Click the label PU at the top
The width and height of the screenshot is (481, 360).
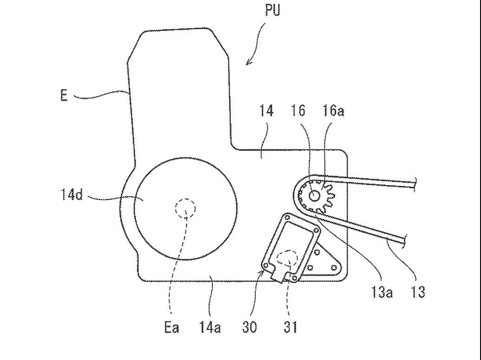(273, 10)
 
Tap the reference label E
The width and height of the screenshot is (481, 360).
(64, 96)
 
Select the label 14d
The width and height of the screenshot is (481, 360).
(72, 194)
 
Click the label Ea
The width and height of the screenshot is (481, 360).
(172, 327)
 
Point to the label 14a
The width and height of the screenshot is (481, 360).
(210, 327)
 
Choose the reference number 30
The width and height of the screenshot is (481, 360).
(249, 327)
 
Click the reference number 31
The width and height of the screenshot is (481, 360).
(290, 327)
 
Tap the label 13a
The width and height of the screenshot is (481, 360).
(382, 292)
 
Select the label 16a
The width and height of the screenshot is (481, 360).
(333, 111)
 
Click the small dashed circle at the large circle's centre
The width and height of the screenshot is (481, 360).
(185, 208)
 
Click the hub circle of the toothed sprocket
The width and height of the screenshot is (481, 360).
(314, 196)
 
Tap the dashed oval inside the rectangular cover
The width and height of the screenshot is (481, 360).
(287, 258)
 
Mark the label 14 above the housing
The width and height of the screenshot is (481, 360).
(266, 111)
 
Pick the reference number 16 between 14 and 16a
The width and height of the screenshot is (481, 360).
(298, 111)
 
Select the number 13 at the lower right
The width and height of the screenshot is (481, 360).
(418, 292)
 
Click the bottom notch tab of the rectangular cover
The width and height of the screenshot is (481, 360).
(281, 277)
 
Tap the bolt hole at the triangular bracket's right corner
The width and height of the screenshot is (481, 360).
(334, 268)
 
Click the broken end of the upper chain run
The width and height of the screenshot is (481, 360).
(415, 184)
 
